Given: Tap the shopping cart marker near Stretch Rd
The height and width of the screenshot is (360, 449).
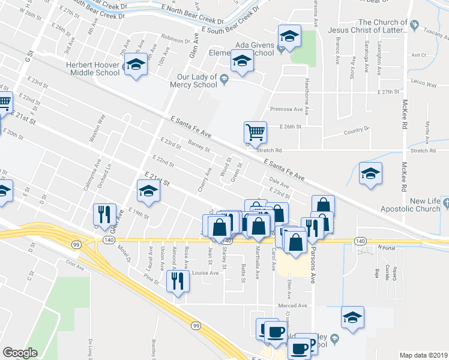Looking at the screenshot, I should [255, 132].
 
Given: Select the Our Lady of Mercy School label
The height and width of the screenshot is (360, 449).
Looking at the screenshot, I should [197, 81].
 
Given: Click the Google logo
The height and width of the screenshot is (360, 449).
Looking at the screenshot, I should [20, 353].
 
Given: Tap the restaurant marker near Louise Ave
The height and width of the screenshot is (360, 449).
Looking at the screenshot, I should [178, 281].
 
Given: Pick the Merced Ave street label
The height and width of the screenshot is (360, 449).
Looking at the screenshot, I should [293, 305].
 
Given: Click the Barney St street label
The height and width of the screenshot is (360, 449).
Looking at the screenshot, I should [199, 145].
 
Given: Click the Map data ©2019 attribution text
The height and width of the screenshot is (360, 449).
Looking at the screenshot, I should [423, 355].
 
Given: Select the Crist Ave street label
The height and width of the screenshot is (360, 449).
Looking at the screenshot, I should [75, 263].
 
